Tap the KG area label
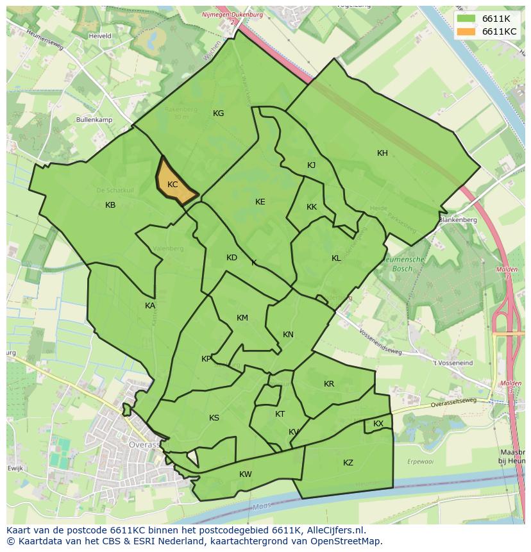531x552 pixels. click(x=218, y=113)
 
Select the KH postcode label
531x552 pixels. click(x=382, y=153)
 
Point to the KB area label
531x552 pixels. click(x=110, y=205)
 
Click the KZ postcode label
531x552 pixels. click(x=348, y=463)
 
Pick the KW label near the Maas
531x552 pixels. click(x=245, y=474)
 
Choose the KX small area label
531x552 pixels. click(x=378, y=424)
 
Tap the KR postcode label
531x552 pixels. click(x=329, y=384)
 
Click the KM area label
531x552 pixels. click(x=242, y=318)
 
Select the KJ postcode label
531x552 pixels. click(x=311, y=165)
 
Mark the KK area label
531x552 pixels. click(x=312, y=207)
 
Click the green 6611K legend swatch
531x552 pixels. click(x=466, y=19)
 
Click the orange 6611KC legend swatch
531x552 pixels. click(x=466, y=31)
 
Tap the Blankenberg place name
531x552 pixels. click(x=458, y=220)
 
